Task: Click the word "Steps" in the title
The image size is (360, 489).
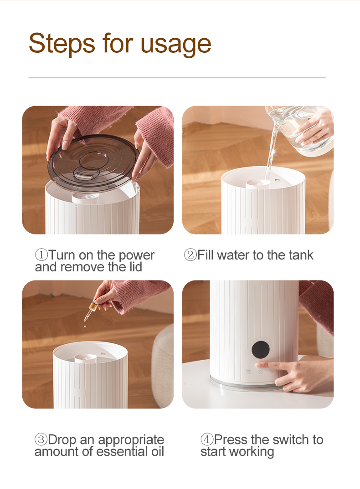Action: click(x=62, y=44)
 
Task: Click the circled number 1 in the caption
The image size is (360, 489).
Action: click(x=41, y=255)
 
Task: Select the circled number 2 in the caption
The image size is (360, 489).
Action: click(x=190, y=255)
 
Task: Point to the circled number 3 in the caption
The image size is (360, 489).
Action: click(x=41, y=439)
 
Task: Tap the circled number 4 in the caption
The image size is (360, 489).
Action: click(x=207, y=439)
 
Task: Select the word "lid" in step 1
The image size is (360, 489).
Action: click(x=135, y=267)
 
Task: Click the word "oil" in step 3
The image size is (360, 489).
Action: click(x=157, y=452)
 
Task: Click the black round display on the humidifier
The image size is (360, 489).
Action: click(x=261, y=350)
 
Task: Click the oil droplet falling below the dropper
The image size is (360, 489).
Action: click(x=85, y=326)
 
